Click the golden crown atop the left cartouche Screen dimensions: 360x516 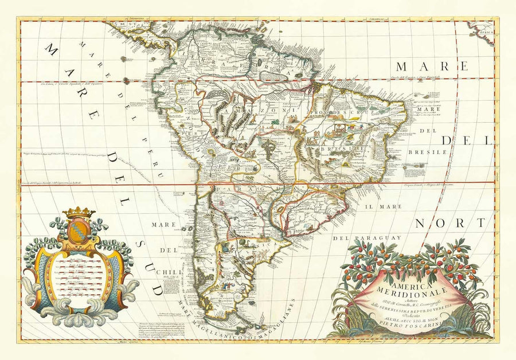click(79, 212)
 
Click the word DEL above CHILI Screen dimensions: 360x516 click(168, 250)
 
